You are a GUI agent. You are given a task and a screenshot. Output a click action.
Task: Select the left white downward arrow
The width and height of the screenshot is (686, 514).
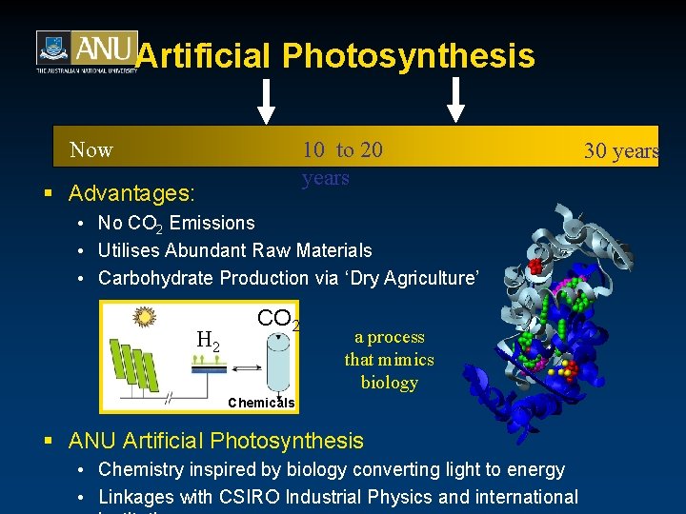click(x=267, y=101)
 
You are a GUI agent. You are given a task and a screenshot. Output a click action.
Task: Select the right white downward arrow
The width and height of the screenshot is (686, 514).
click(x=456, y=101)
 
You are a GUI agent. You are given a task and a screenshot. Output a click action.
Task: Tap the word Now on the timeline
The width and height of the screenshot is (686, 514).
click(x=91, y=150)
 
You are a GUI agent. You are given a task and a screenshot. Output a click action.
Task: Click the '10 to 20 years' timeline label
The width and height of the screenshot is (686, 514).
click(x=341, y=164)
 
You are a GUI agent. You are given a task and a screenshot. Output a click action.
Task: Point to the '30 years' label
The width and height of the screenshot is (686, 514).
click(x=621, y=151)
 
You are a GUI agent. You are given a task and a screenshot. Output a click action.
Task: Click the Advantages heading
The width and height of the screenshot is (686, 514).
click(x=131, y=193)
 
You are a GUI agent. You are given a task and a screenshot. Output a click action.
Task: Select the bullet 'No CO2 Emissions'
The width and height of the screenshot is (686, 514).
click(x=176, y=224)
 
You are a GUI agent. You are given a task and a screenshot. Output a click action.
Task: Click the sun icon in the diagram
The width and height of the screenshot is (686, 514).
click(x=145, y=315)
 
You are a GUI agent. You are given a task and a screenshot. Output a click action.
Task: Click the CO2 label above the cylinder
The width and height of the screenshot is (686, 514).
click(x=278, y=319)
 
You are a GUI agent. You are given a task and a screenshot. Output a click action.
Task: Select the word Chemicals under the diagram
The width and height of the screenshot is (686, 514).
click(x=261, y=403)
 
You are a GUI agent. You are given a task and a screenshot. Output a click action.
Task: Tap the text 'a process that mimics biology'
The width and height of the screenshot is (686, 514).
click(x=389, y=360)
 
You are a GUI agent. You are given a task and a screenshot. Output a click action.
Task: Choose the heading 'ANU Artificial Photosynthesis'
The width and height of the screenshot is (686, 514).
click(x=215, y=441)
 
